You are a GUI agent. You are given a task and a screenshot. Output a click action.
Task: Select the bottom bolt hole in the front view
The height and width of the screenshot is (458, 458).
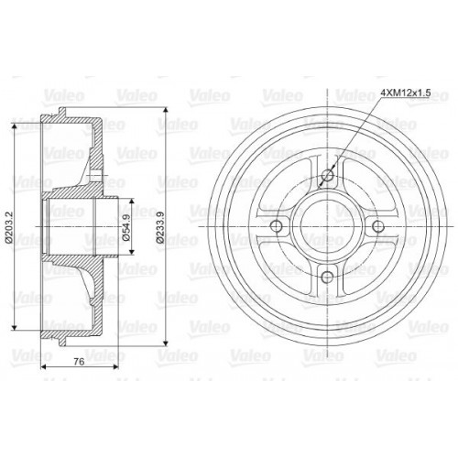point(326,276)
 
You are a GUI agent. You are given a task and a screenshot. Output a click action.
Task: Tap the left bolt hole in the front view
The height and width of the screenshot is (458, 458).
point(278,226)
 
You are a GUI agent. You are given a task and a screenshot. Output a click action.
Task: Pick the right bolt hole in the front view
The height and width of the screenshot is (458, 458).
point(376,226)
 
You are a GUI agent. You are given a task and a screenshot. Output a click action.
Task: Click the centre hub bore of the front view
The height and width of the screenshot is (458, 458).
point(326,226)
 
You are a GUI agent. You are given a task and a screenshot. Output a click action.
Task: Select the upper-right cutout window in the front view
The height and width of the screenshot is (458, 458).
point(364,190)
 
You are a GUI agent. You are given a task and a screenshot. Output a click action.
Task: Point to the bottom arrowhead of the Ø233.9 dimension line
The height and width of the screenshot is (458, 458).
point(163,338)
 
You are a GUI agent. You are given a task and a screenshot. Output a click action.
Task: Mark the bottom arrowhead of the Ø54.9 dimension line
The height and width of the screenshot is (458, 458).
point(125,251)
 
